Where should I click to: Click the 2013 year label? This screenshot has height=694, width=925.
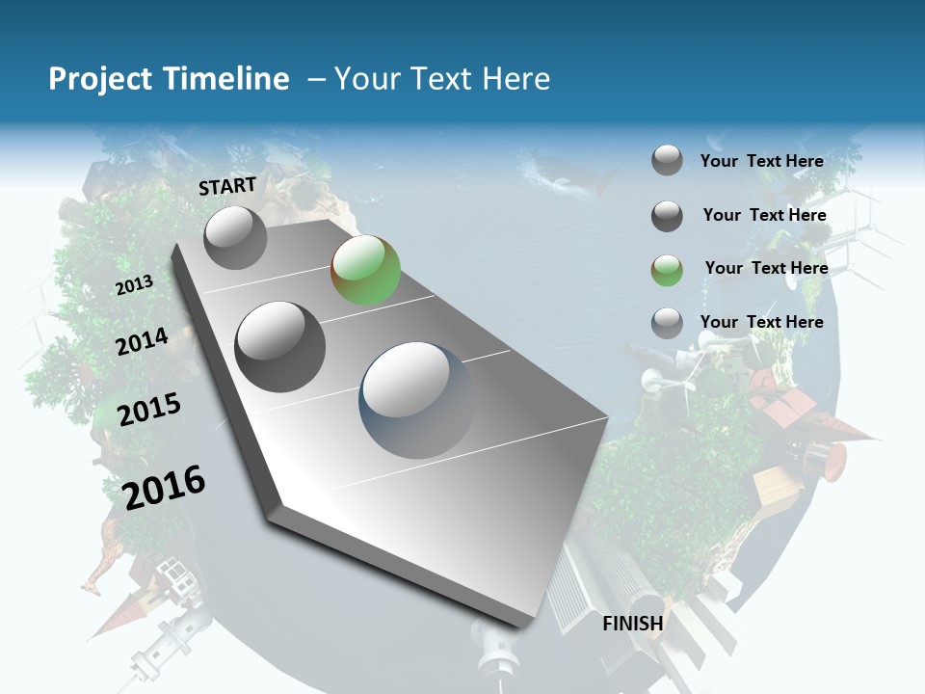pos(134,285)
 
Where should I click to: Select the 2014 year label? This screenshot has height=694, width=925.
pos(142,342)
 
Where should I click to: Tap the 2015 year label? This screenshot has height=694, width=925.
pos(149,410)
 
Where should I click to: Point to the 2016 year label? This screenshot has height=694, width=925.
pos(164,487)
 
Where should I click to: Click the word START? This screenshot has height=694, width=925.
pos(227,186)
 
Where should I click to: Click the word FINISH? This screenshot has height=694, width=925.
pos(633,624)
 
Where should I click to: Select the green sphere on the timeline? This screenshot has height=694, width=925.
pos(365,270)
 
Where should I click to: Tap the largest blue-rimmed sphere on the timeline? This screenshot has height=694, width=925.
pos(417,399)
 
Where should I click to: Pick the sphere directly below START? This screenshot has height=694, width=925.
pos(235,237)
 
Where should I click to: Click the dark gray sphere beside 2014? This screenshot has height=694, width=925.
pos(280,346)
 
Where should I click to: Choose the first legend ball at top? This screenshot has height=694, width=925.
pos(667,160)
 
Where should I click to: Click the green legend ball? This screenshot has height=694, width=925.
pos(667,270)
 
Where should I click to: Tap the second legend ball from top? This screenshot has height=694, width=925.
pos(667,216)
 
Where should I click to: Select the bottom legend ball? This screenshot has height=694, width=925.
pos(667,323)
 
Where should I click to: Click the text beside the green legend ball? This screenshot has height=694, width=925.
pos(766,268)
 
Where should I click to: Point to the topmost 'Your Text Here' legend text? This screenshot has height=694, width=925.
pos(761,161)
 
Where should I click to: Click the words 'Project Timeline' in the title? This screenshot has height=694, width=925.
pos(169,79)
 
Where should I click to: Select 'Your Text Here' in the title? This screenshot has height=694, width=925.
pos(441,79)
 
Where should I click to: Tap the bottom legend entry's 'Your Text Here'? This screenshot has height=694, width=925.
pos(761,322)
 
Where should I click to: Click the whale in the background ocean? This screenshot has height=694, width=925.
pos(568,178)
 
